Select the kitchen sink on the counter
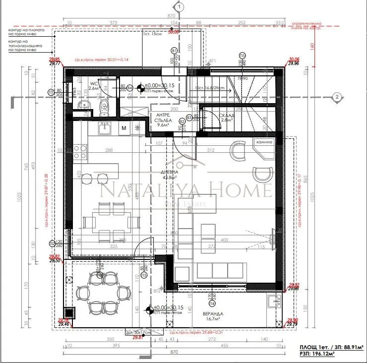(104, 128)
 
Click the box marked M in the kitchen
(123, 128)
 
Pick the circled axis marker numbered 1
(179, 6)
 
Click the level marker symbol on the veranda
(148, 311)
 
